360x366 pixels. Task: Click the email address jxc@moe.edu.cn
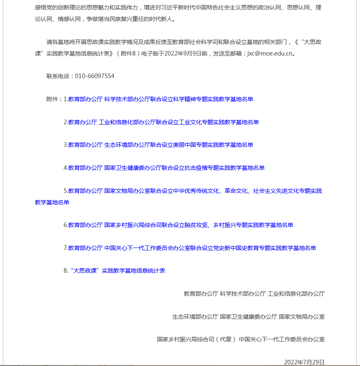point(270,53)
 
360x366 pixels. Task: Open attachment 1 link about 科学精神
point(160,99)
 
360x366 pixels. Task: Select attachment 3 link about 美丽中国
point(160,145)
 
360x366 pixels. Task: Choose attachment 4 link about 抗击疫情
point(166,168)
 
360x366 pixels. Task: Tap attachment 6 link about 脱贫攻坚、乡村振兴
point(181,225)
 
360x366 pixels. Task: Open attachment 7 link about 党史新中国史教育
point(192,248)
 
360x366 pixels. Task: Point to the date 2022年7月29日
point(304,362)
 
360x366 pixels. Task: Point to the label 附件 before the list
point(52,99)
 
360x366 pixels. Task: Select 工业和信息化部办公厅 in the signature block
point(296,294)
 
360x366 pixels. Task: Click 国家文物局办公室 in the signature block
point(302,317)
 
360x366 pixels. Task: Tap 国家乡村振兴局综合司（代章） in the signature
point(196,339)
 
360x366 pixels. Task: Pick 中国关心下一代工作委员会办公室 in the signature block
point(282,339)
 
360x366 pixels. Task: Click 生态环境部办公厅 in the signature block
point(195,317)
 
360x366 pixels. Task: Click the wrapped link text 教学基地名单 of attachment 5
point(52,202)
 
